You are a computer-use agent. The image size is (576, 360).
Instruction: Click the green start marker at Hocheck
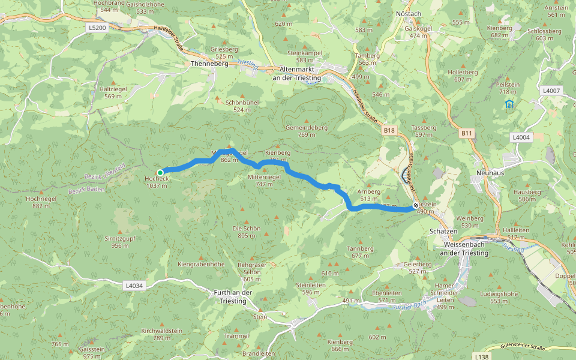tap(160, 172)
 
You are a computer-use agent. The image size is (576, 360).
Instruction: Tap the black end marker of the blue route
tap(416, 205)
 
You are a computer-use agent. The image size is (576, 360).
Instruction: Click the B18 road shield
tap(390, 130)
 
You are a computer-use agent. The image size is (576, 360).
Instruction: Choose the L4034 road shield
tap(134, 286)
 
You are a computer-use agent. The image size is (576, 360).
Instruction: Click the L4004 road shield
tap(521, 137)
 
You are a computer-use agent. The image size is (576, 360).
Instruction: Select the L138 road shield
tap(481, 356)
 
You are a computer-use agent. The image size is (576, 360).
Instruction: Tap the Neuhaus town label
tap(488, 171)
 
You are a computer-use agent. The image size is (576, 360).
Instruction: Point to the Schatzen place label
tap(443, 231)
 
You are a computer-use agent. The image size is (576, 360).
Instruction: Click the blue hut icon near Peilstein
tap(509, 104)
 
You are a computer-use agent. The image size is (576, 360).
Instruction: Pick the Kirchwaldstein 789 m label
tap(161, 334)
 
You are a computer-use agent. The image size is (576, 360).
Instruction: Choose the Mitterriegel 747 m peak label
tap(263, 181)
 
